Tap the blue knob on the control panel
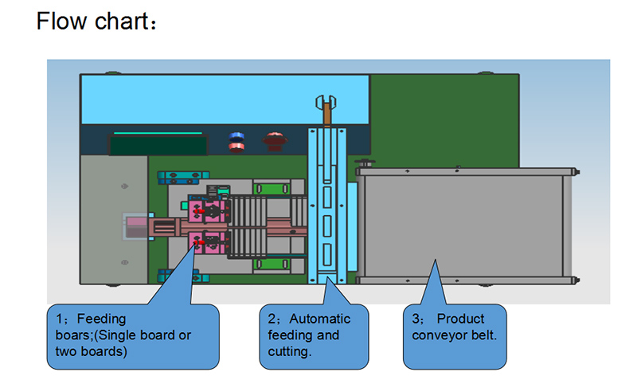(236, 142)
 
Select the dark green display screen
(158, 146)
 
